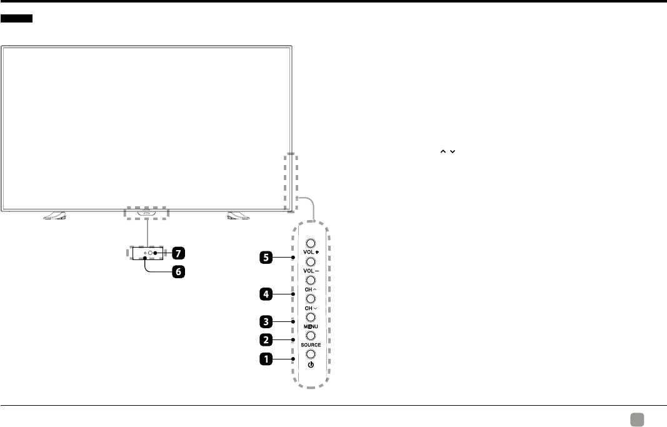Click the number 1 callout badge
pos(267,359)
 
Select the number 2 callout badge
pos(267,341)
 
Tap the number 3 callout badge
pos(267,322)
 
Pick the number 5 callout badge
pos(267,257)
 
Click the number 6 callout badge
pos(178,273)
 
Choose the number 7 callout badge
pos(178,253)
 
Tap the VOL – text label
pos(311,271)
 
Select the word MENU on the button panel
pos(311,326)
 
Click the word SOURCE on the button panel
pos(311,345)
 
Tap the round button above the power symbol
pos(311,354)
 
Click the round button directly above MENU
pos(311,318)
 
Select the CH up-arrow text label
pos(311,289)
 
